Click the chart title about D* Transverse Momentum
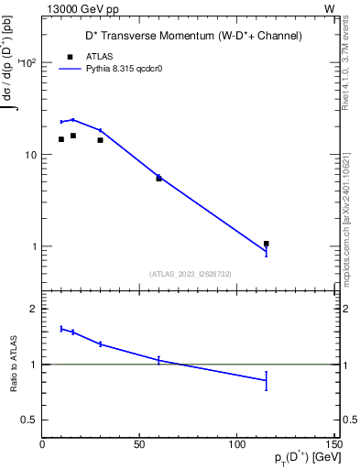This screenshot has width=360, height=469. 188,36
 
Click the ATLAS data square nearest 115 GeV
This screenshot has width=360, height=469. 267,244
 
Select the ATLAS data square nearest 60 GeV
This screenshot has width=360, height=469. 158,179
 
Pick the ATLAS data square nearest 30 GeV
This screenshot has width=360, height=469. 100,140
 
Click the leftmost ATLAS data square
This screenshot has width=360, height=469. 61,139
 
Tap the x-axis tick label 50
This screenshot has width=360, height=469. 139,443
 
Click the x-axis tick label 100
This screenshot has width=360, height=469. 236,443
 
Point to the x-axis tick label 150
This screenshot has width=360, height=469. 333,443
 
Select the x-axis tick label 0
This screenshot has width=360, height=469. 42,443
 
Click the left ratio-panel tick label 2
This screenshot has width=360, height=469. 34,309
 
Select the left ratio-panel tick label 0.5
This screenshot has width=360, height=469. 29,420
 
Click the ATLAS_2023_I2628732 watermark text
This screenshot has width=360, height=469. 189,273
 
